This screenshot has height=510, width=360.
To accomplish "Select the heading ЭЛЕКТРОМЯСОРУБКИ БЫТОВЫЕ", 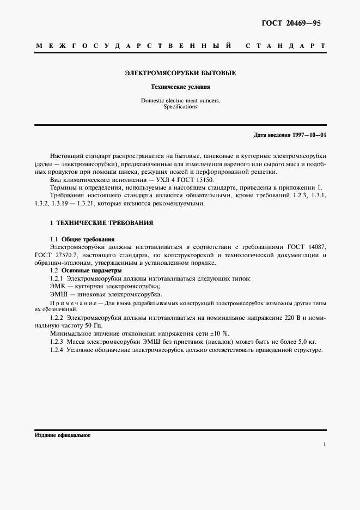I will [180, 72].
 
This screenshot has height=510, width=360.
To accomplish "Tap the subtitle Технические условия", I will [180, 87].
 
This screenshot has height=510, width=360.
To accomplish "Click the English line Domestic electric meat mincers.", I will [180, 101].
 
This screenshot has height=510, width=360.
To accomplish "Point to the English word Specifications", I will [180, 107].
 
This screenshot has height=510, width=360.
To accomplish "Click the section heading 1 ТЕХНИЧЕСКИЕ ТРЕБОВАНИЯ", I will [101, 223].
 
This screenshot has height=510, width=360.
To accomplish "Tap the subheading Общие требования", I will [88, 240].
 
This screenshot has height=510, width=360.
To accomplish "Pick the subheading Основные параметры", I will [91, 270].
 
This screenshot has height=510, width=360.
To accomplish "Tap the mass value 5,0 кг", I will [305, 342].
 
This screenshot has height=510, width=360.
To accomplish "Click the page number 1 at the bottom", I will [324, 445].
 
